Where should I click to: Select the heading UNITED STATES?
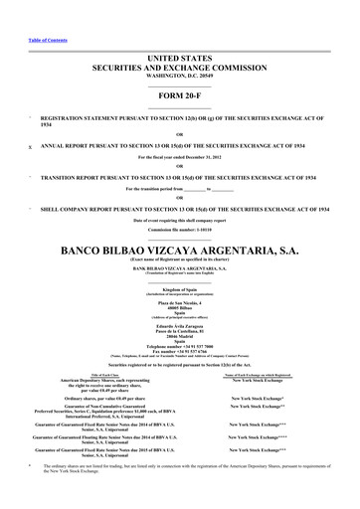pos(179,61)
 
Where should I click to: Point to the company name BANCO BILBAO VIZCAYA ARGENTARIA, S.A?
pos(179,250)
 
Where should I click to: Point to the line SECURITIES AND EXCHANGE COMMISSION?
pos(179,70)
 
